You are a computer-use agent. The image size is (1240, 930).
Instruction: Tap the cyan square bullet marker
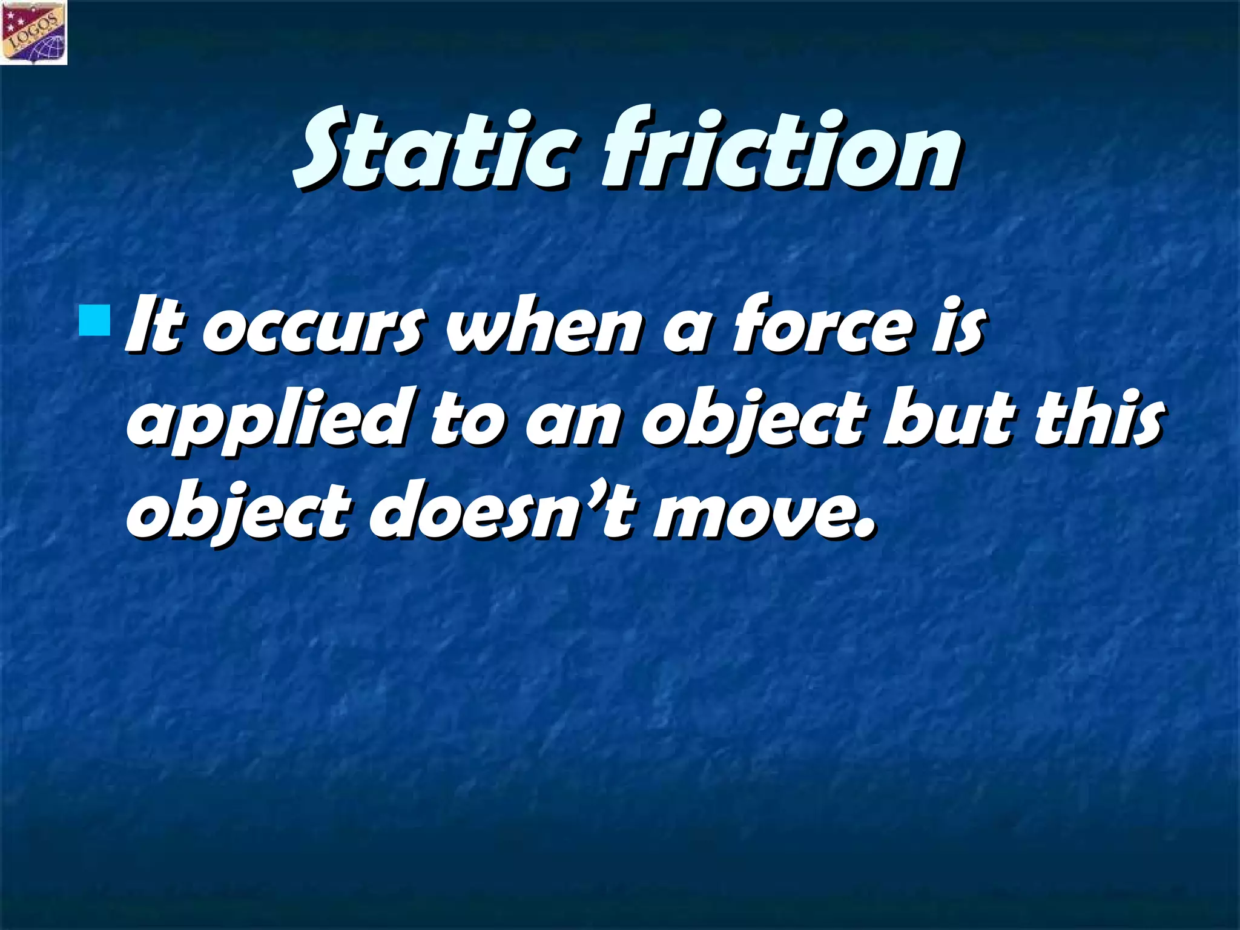(x=94, y=322)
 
